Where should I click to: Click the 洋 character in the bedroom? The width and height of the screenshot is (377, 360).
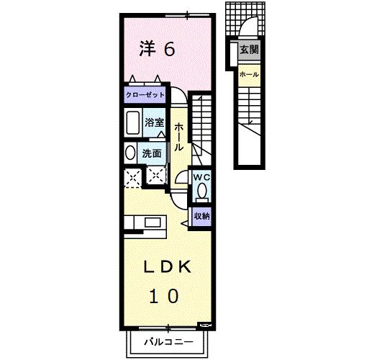click(147, 49)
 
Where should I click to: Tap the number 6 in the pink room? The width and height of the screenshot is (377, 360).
click(170, 49)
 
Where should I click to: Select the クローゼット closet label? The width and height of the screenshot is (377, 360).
click(145, 95)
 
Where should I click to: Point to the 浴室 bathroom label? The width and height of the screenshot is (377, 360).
click(155, 122)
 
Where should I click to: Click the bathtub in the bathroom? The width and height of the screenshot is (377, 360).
click(133, 125)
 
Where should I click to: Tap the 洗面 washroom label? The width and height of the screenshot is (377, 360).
click(152, 153)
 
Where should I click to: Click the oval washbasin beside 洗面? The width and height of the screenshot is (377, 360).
click(130, 153)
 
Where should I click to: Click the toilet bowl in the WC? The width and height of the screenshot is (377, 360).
click(201, 191)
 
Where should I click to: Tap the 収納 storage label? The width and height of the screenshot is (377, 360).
click(201, 215)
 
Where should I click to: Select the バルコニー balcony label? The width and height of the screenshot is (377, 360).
click(166, 341)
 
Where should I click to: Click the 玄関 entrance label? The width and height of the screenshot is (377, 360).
click(249, 50)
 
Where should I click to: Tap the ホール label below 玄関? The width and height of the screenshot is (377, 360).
click(249, 74)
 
